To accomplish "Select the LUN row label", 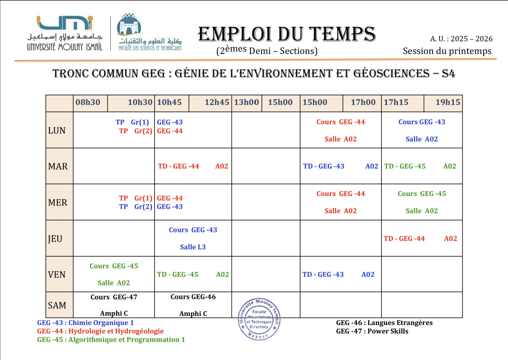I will [57, 130].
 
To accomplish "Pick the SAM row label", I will [57, 305].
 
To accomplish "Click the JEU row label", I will [55, 239].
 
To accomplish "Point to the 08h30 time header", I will [88, 102].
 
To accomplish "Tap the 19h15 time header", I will [447, 102].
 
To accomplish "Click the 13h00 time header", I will [247, 102].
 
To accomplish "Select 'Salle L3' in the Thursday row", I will [193, 247].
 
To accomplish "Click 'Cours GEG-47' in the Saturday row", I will [114, 297].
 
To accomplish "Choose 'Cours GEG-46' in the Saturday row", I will [193, 297].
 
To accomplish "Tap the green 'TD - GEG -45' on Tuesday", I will [405, 166].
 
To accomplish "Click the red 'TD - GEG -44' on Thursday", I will [404, 239].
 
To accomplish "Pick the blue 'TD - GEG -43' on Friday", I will [323, 275].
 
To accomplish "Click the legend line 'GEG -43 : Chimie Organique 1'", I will [86, 323].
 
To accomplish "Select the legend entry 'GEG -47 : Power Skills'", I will [372, 331].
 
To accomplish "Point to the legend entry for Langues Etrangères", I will [384, 323].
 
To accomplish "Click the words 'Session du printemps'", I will [447, 51].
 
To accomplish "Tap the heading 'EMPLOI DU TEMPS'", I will [287, 34].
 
